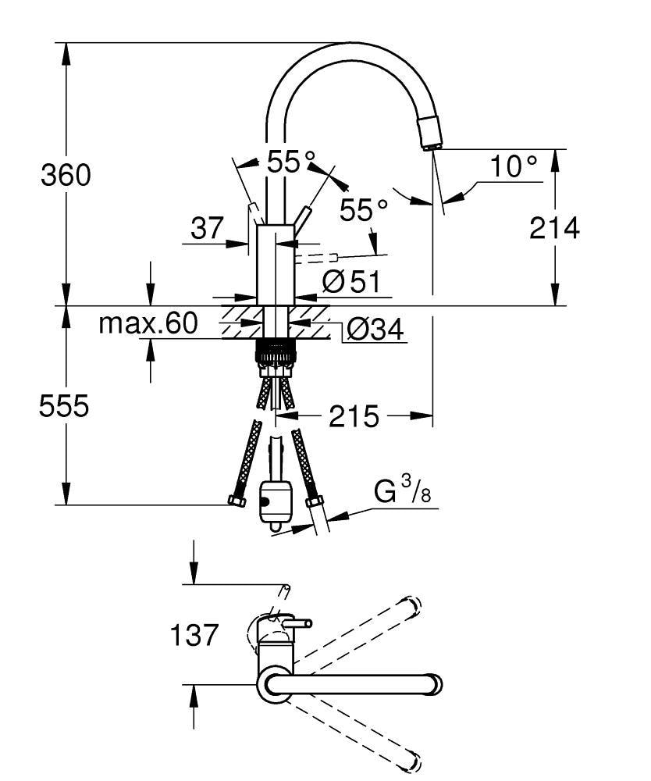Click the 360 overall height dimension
point(66,176)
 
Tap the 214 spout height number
point(554,228)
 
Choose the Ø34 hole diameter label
point(374,330)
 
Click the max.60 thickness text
point(148,323)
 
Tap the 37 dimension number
point(207,229)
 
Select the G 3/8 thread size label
point(401,493)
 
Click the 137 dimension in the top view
point(194,635)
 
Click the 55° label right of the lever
point(363,209)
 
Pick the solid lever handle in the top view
point(297,622)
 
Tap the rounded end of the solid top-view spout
point(434,685)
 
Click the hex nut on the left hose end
point(235,501)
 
